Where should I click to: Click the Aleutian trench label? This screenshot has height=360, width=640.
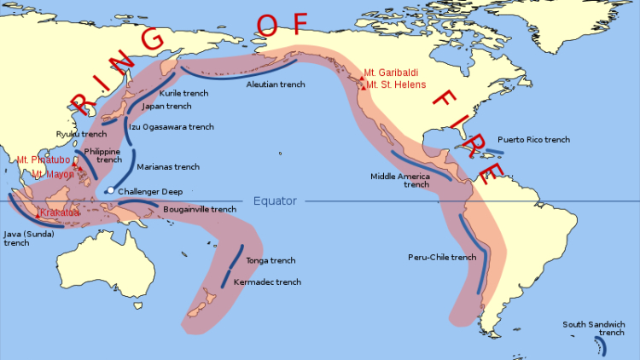point(275,84)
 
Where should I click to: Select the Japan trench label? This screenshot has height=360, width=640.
point(166,107)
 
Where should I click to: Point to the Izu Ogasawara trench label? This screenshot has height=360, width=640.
point(171,126)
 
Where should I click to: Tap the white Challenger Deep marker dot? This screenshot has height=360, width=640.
point(110,190)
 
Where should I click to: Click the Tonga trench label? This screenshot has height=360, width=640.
point(271,260)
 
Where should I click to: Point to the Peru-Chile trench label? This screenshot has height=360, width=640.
point(441,257)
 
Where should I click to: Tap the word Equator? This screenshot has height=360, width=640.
point(275,201)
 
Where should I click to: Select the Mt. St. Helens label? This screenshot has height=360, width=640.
point(396,85)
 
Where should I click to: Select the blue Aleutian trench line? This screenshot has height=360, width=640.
point(256,69)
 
